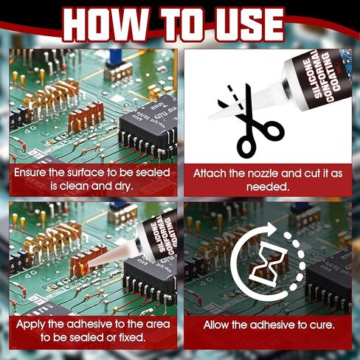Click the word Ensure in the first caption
(34, 173)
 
